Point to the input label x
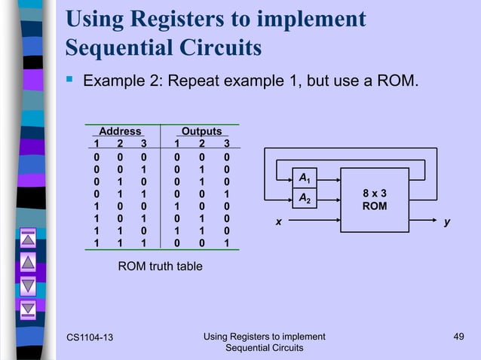(277, 223)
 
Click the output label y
(447, 223)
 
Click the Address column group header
(121, 131)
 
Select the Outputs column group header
(201, 131)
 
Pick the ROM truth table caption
(160, 266)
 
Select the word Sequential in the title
(114, 47)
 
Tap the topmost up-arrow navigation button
(28, 240)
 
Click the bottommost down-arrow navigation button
(28, 308)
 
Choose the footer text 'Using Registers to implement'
(265, 336)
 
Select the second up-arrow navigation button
(28, 263)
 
